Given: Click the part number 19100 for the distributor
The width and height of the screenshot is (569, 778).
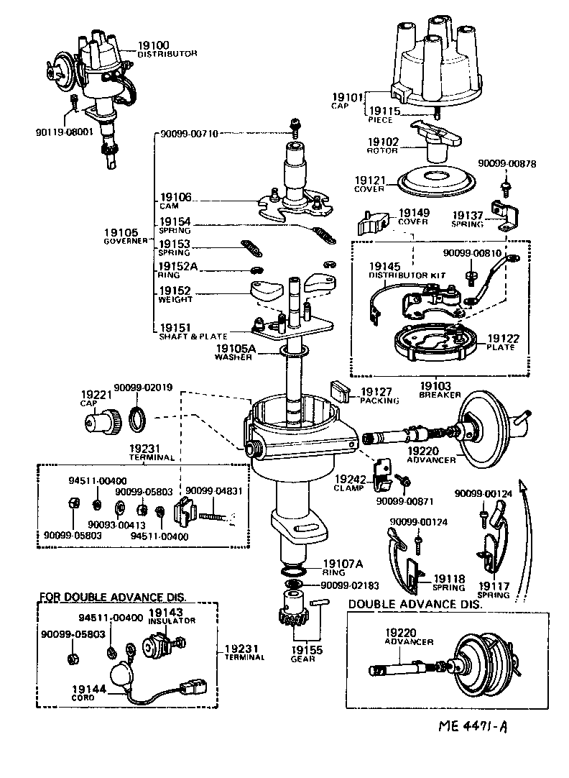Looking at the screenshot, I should tap(153, 45).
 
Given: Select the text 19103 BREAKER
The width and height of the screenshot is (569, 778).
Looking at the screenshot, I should tap(439, 390).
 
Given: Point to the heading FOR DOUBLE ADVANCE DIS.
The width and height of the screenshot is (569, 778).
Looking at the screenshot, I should tap(112, 598).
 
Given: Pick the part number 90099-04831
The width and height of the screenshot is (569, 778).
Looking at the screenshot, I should tap(210, 490).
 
